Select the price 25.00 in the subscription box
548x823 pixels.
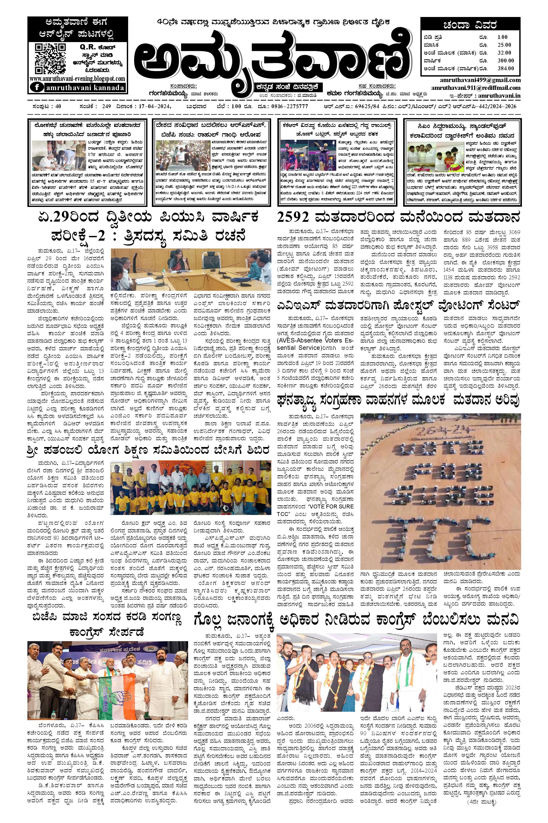(504, 45)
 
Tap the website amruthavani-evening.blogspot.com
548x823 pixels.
(77, 79)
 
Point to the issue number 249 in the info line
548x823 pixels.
(105, 106)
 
